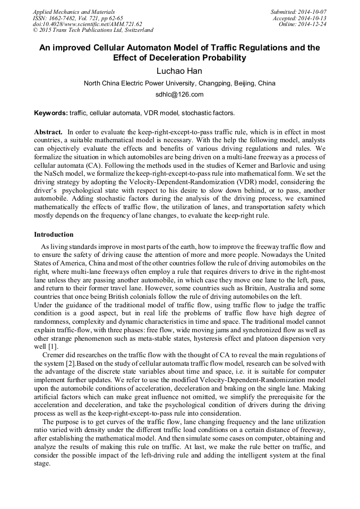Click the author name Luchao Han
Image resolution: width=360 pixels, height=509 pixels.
point(179,71)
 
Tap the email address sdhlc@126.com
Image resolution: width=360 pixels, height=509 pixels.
point(179,94)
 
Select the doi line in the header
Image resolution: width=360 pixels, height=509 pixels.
point(87,24)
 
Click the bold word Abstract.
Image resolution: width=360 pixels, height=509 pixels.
point(48,131)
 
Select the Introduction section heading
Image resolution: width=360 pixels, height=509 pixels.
point(54,235)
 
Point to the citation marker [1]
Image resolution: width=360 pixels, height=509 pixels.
point(46,346)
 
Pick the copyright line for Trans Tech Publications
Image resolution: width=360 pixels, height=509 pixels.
point(93,31)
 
